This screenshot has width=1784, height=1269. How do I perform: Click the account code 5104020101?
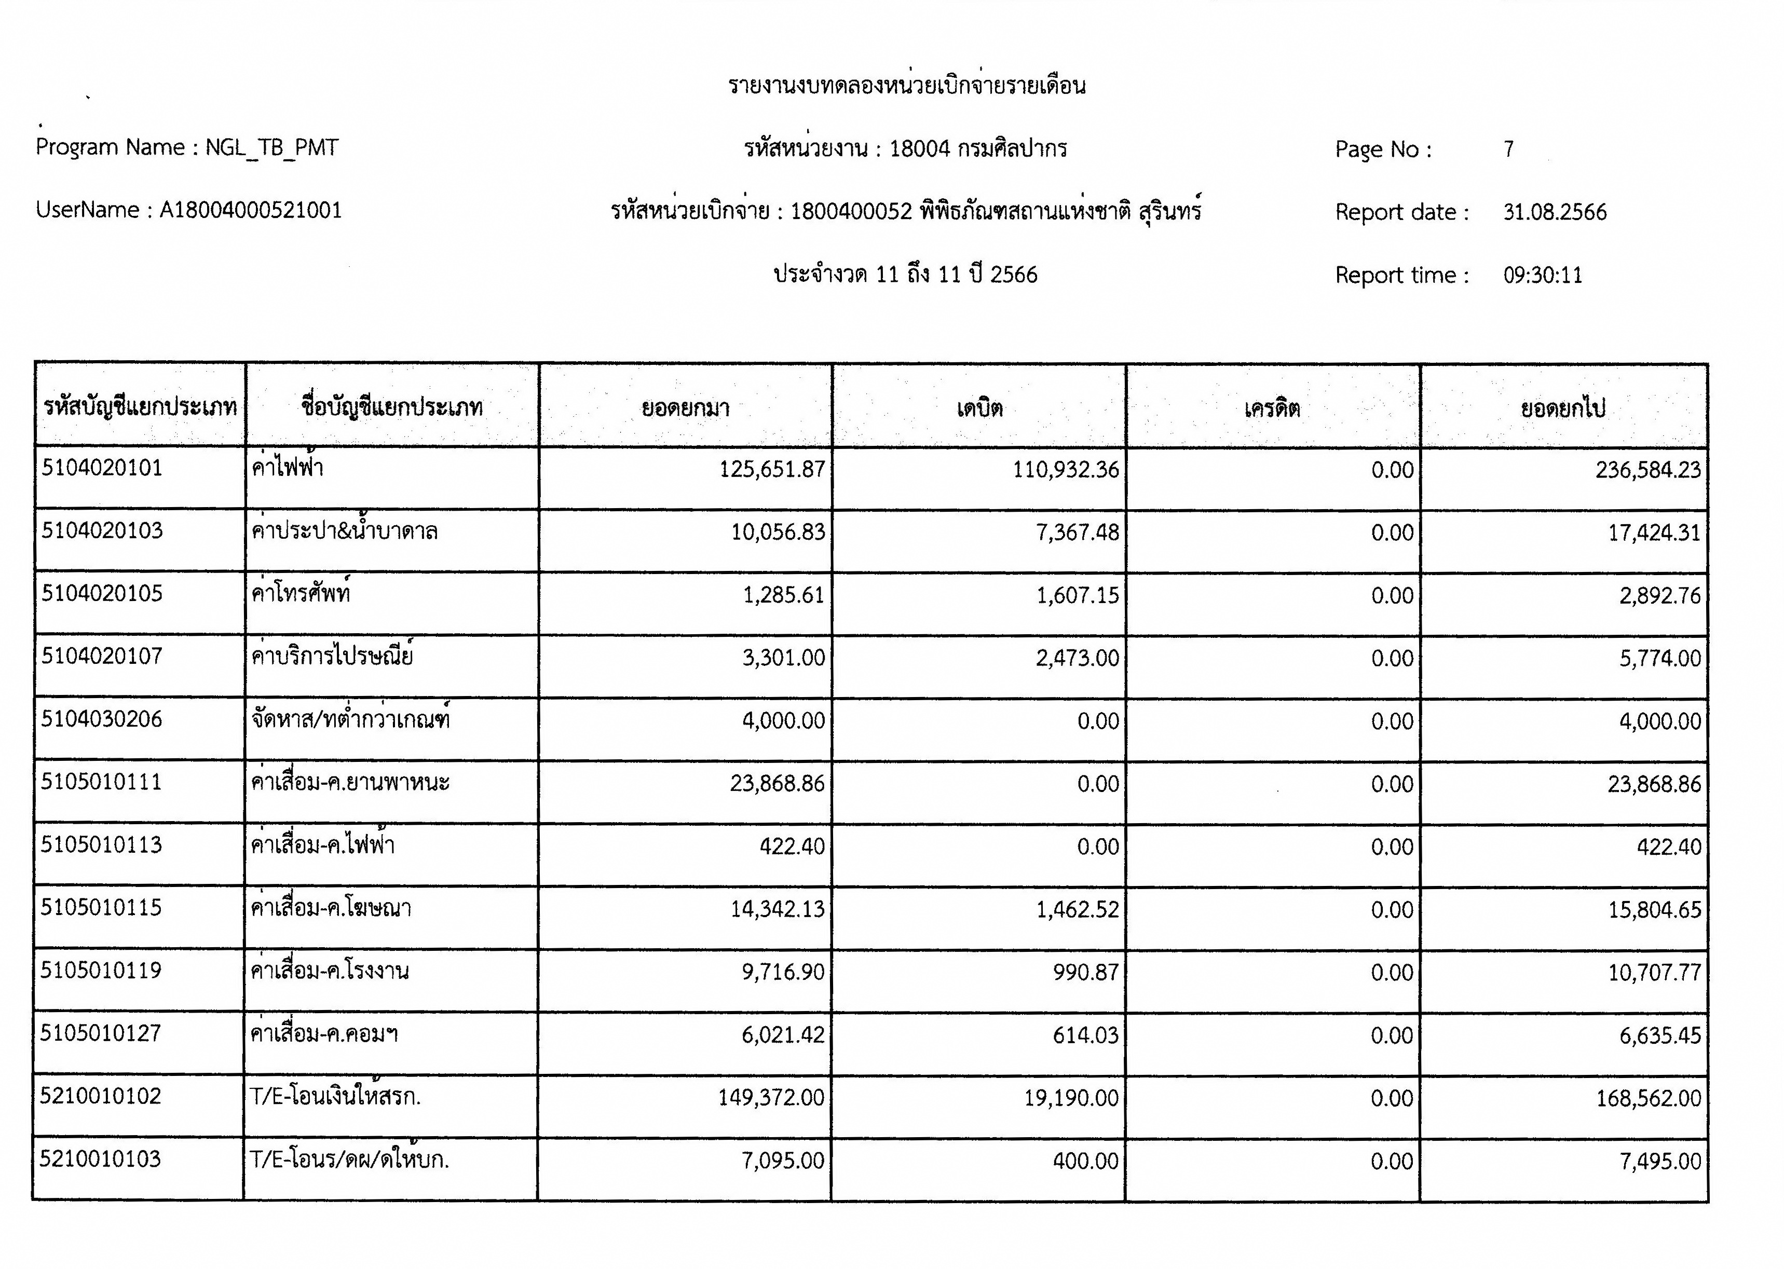pos(102,468)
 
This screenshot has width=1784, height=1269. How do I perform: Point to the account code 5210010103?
pos(100,1159)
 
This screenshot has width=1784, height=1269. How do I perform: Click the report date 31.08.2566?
pos(1554,213)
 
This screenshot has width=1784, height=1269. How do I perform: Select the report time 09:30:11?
pos(1543,275)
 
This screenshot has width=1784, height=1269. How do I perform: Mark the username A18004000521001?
pos(250,210)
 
